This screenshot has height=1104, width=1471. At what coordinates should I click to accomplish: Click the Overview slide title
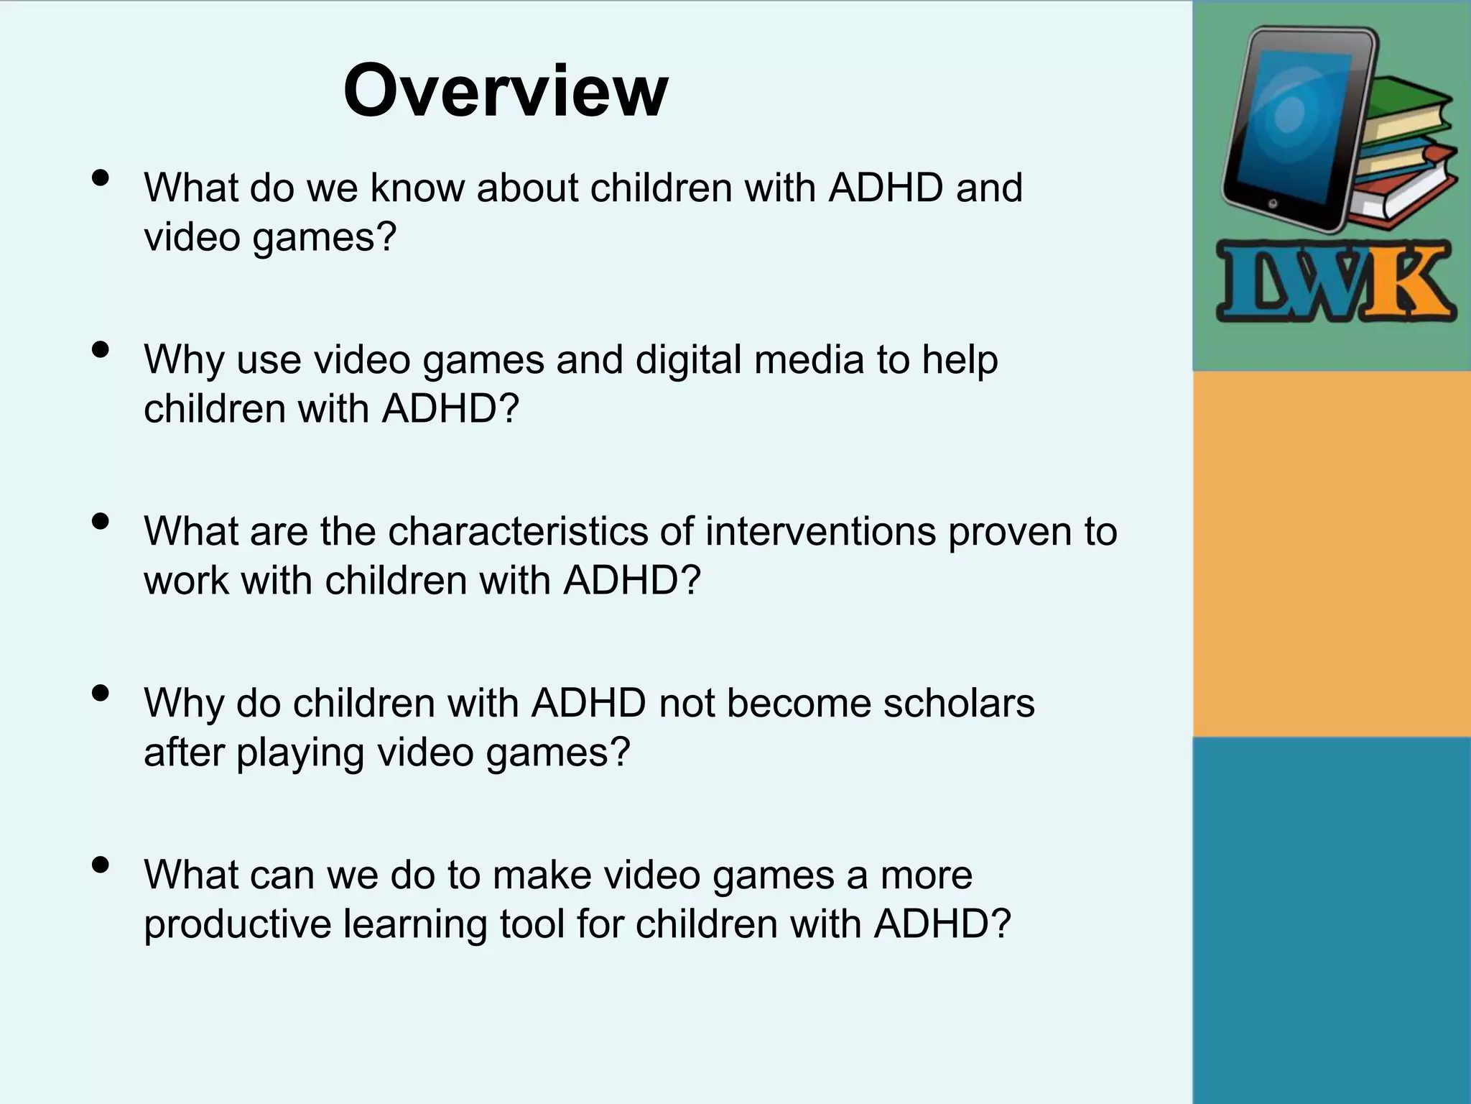click(x=506, y=91)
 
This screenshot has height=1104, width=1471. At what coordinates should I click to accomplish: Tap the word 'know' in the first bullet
click(x=417, y=188)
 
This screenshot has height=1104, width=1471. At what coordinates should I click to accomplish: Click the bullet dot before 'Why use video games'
click(x=101, y=349)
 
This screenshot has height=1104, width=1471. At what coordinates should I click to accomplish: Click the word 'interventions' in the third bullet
click(x=820, y=531)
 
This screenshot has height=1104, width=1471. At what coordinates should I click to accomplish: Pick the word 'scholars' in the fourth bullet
click(x=959, y=703)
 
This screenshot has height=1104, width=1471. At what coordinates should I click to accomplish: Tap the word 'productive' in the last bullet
click(x=237, y=924)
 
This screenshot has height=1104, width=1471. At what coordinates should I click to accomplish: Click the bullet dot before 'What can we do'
click(x=101, y=865)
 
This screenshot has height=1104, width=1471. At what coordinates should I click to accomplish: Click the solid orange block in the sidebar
click(x=1331, y=553)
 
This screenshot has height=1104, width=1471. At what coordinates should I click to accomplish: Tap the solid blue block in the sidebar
click(x=1331, y=920)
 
